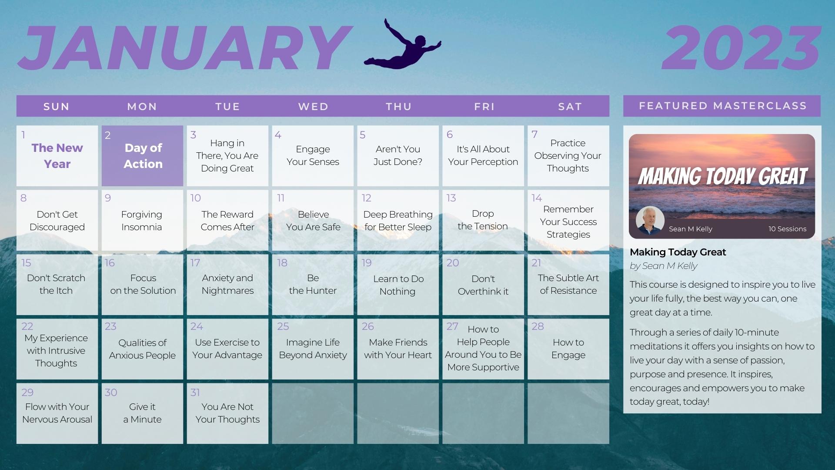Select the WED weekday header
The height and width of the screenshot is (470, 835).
[313, 107]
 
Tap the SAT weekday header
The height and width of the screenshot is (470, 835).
[570, 107]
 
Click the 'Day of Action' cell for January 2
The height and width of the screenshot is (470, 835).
[143, 156]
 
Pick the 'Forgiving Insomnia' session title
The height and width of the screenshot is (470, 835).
[142, 221]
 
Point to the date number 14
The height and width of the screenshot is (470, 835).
[537, 198]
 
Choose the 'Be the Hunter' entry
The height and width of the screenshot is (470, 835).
[313, 284]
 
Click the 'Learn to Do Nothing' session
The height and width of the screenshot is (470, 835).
[398, 285]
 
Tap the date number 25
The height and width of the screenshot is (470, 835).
[283, 326]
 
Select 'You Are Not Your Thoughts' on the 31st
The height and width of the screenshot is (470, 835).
[227, 413]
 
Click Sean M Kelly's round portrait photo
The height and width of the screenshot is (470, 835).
[650, 220]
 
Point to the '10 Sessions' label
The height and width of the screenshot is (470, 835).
[787, 229]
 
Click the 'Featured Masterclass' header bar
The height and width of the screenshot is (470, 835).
[722, 106]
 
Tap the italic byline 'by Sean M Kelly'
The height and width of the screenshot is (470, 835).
[664, 266]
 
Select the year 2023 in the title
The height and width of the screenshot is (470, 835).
[741, 47]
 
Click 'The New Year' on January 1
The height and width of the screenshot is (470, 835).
[57, 156]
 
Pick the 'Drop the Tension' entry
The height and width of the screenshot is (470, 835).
[483, 220]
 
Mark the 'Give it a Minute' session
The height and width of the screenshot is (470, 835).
[142, 413]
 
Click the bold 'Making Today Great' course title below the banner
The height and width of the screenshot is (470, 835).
[678, 252]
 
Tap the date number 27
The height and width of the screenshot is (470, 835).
[452, 326]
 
